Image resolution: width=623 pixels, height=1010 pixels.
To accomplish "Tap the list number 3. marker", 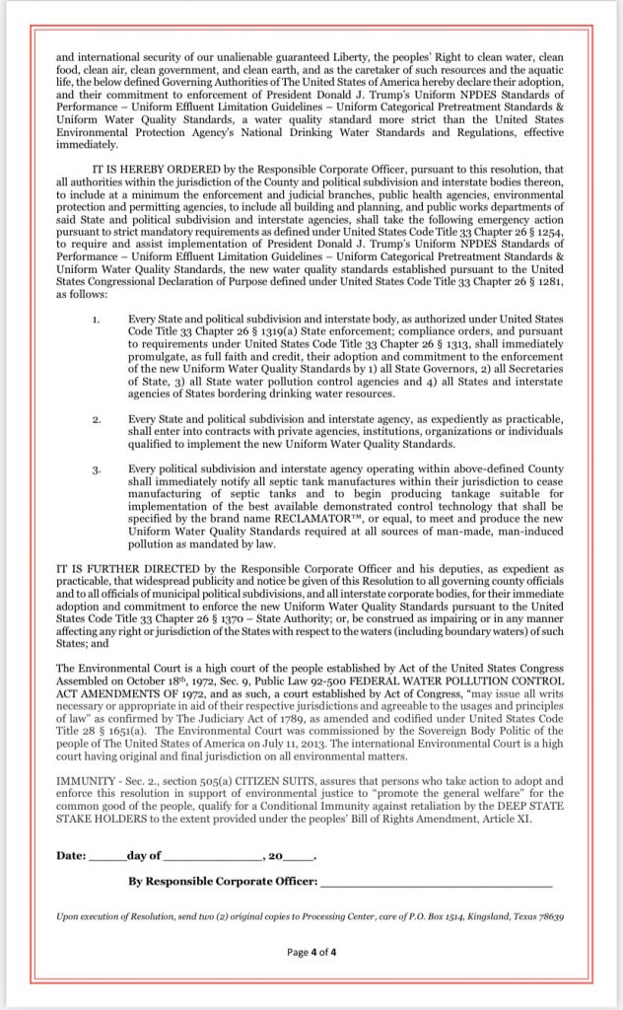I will click(x=95, y=469).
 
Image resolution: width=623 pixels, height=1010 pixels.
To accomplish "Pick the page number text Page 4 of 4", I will click(x=311, y=953).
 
